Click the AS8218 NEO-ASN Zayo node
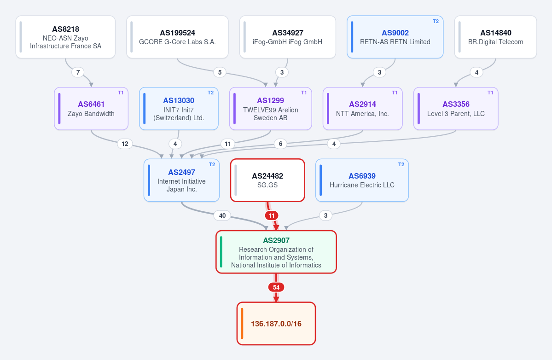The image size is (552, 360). [x=65, y=37]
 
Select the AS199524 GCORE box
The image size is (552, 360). [x=177, y=37]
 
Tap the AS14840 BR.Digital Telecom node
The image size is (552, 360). [x=496, y=37]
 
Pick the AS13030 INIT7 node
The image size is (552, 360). [x=179, y=109]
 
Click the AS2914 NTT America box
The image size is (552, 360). [x=363, y=109]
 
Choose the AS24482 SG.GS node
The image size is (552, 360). [x=267, y=180]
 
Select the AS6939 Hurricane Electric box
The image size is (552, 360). [x=362, y=180]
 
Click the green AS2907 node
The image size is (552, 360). [x=276, y=252]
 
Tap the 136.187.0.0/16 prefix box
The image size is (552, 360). [x=276, y=324]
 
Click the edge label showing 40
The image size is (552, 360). [x=222, y=215]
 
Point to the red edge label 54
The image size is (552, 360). [x=276, y=287]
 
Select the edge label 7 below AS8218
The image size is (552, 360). [x=78, y=72]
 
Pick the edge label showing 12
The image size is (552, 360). [x=125, y=144]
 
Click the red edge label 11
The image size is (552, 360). [x=272, y=215]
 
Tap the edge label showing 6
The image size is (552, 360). [x=280, y=144]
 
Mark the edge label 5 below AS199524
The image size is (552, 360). [x=220, y=72]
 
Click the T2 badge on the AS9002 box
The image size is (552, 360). [x=436, y=21]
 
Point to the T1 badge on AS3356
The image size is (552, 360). [x=490, y=93]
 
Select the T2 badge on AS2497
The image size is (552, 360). [x=212, y=164]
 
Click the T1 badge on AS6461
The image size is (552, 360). [x=121, y=93]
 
